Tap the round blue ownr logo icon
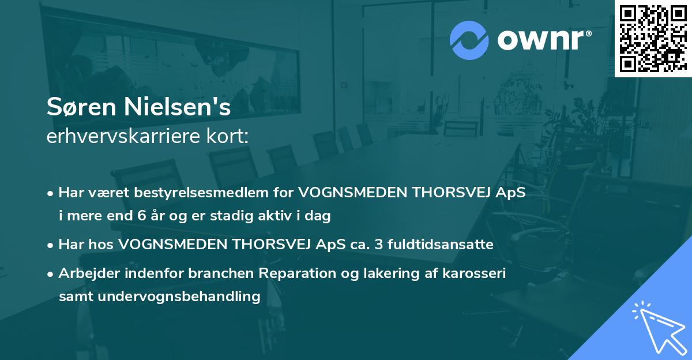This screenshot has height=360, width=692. click(x=470, y=39)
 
